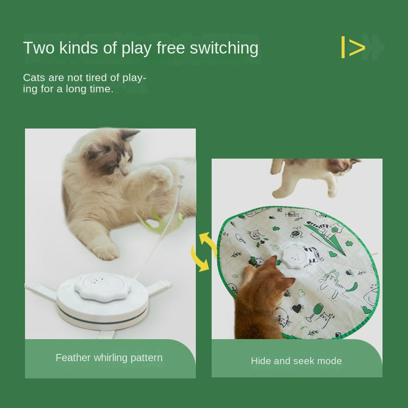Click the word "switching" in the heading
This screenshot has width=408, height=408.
[x=224, y=48]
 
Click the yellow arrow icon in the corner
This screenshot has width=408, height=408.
[x=353, y=47]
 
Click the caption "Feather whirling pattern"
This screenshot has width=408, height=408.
[x=109, y=358]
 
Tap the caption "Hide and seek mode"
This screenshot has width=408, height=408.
[x=296, y=361]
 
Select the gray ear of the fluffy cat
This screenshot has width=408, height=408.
[x=130, y=135]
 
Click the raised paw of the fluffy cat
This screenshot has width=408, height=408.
[x=161, y=174]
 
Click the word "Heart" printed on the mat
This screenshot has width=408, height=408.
[x=292, y=215]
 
